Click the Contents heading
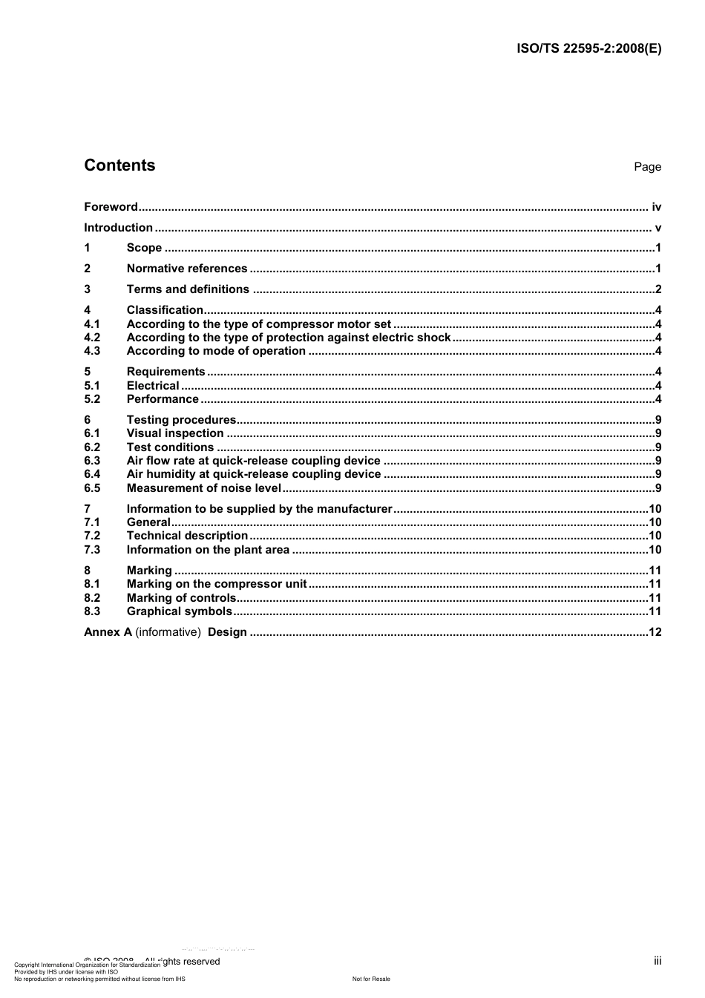[119, 165]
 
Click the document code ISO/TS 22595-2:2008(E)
[588, 49]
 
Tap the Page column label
[647, 167]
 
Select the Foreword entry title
[111, 207]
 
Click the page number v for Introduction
[658, 228]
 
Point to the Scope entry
[144, 248]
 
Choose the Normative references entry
[187, 269]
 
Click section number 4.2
[92, 338]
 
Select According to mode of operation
[216, 351]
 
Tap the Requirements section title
[165, 372]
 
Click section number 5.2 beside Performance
[92, 399]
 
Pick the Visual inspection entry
[175, 433]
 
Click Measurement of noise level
[203, 488]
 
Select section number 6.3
[92, 461]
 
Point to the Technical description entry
[187, 536]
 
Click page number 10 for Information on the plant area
[655, 550]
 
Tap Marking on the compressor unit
[216, 584]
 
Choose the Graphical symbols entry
[179, 611]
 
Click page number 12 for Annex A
[655, 632]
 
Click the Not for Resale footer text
[371, 979]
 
